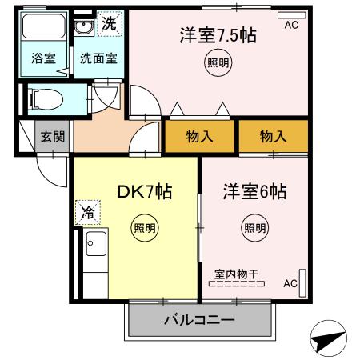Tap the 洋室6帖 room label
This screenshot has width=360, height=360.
click(x=254, y=192)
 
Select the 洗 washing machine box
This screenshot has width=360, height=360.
click(x=110, y=23)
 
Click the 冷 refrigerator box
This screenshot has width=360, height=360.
click(x=86, y=214)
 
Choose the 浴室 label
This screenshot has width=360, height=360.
click(x=43, y=58)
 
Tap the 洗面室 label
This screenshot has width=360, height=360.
click(x=98, y=58)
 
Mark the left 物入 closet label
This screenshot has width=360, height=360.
click(x=200, y=136)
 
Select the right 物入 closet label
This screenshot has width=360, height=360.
click(x=273, y=136)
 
